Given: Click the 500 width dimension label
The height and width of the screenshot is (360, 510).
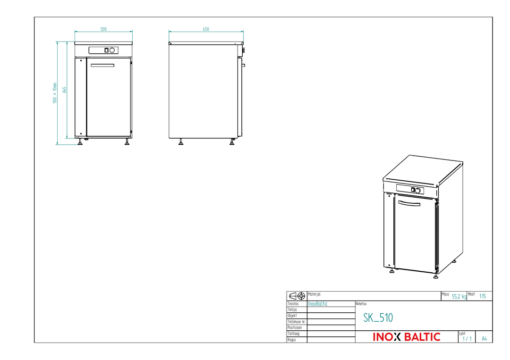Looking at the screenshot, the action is coord(103,29).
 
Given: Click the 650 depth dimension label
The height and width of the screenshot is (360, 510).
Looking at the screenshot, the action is coord(206,29).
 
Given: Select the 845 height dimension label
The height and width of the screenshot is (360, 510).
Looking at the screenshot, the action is coord(64,90).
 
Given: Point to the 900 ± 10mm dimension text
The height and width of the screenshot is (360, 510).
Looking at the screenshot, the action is coord(55,93).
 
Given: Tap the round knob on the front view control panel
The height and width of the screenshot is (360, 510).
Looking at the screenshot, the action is coord(112,50).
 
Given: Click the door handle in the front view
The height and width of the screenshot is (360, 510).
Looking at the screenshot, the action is coord(102,65).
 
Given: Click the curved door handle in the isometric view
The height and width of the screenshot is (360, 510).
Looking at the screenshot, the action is coord(409,203).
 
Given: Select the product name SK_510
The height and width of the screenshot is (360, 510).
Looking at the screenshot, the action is coord(378,318).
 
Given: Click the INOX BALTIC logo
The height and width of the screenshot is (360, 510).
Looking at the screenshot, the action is coord(407,337).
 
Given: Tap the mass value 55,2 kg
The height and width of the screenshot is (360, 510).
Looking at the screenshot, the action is coord(459,296).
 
